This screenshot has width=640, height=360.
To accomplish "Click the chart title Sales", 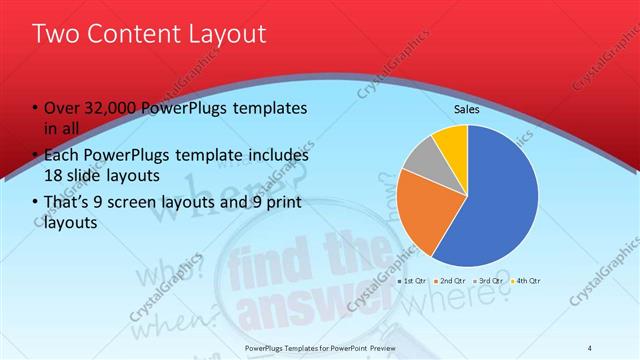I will [467, 108].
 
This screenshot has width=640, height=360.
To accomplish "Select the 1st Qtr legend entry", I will [413, 281].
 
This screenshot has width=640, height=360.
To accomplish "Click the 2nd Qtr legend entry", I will [450, 281].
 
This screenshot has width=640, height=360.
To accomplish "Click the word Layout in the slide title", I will [227, 34].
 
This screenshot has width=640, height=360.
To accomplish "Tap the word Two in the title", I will [54, 34].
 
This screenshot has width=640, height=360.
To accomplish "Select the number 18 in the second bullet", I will [54, 173].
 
